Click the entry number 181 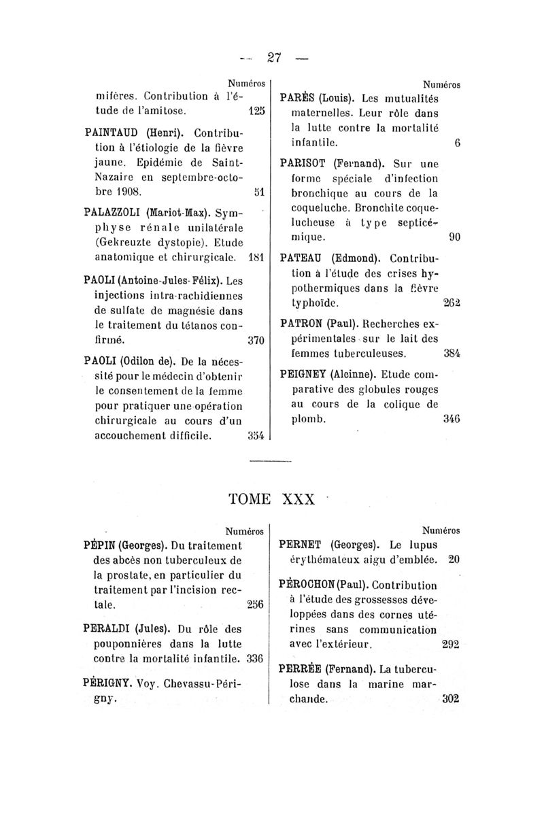pos(256,258)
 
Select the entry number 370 pos(256,338)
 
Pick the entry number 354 pos(256,436)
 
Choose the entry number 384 pos(452,353)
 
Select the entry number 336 pos(254,658)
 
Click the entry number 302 pos(451,698)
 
